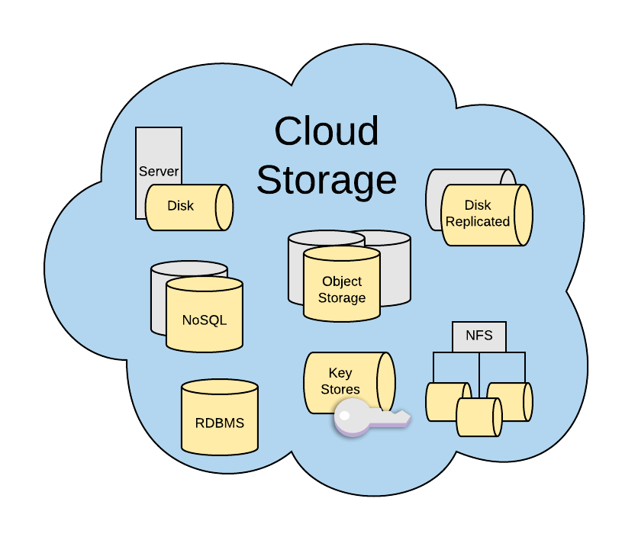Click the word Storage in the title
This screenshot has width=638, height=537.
coord(326,180)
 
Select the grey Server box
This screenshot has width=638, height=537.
coord(158,153)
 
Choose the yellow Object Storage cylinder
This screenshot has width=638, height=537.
coord(341,288)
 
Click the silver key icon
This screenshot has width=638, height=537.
coord(366,418)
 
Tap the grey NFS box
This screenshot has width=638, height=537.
coord(478,336)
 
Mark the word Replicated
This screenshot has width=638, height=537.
coord(478,222)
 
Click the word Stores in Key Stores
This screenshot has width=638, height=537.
coord(340,390)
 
